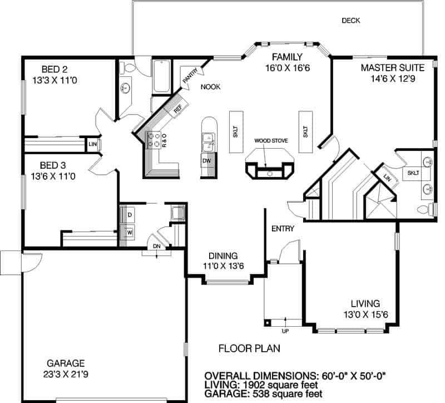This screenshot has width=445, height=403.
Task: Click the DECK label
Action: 351,21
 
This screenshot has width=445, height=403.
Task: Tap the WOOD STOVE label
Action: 271,141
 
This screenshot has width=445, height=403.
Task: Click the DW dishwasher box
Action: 207,161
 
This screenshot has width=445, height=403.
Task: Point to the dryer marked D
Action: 130,215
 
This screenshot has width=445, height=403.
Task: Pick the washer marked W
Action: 130,233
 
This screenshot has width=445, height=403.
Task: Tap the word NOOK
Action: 210,87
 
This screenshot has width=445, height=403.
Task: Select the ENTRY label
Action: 283,229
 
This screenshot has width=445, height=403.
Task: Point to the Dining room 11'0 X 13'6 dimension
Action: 224,266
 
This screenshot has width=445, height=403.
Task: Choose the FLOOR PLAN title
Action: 249,348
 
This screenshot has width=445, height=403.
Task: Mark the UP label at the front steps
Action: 285,331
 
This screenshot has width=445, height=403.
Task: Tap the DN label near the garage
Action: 157,246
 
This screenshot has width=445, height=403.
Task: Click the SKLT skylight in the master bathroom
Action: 413,173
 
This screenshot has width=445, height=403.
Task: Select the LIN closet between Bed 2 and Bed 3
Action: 92,144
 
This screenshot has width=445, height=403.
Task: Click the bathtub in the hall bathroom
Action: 162,76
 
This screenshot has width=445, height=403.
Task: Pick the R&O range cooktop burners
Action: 154,140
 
